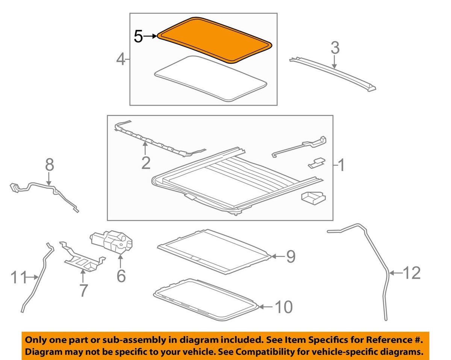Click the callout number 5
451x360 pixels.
point(138,36)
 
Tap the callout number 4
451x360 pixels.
point(120,60)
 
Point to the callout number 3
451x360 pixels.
point(335,48)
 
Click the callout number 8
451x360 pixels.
point(50,165)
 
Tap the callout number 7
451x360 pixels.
point(83,290)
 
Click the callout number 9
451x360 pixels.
point(291,257)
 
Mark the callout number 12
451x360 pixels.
point(411,273)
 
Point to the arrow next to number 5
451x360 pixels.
point(150,36)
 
